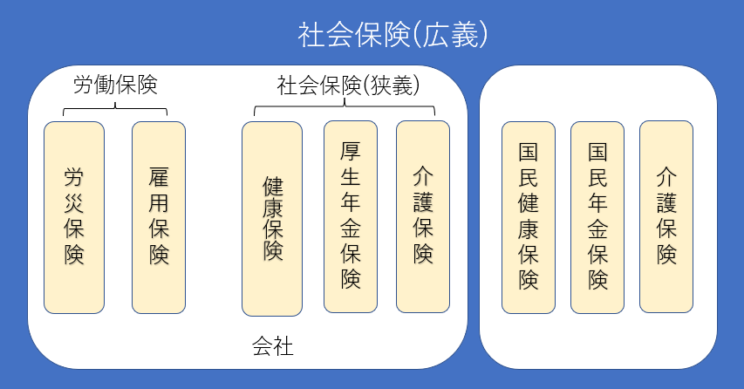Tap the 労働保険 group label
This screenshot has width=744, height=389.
(x=115, y=85)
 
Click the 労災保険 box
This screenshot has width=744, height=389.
(x=74, y=217)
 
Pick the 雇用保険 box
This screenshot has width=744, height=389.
(x=159, y=217)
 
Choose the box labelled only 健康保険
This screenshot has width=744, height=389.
(x=272, y=219)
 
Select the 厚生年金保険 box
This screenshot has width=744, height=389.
(x=351, y=216)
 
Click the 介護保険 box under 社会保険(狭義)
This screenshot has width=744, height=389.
(x=423, y=216)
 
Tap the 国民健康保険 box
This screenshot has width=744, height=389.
(x=528, y=216)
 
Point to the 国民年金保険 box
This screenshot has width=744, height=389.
(x=597, y=216)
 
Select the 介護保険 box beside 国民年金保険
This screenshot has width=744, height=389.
(x=666, y=216)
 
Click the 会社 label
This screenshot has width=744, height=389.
(x=272, y=347)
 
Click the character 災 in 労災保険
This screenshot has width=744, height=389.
(x=74, y=205)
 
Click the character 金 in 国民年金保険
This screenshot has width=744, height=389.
(x=597, y=229)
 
